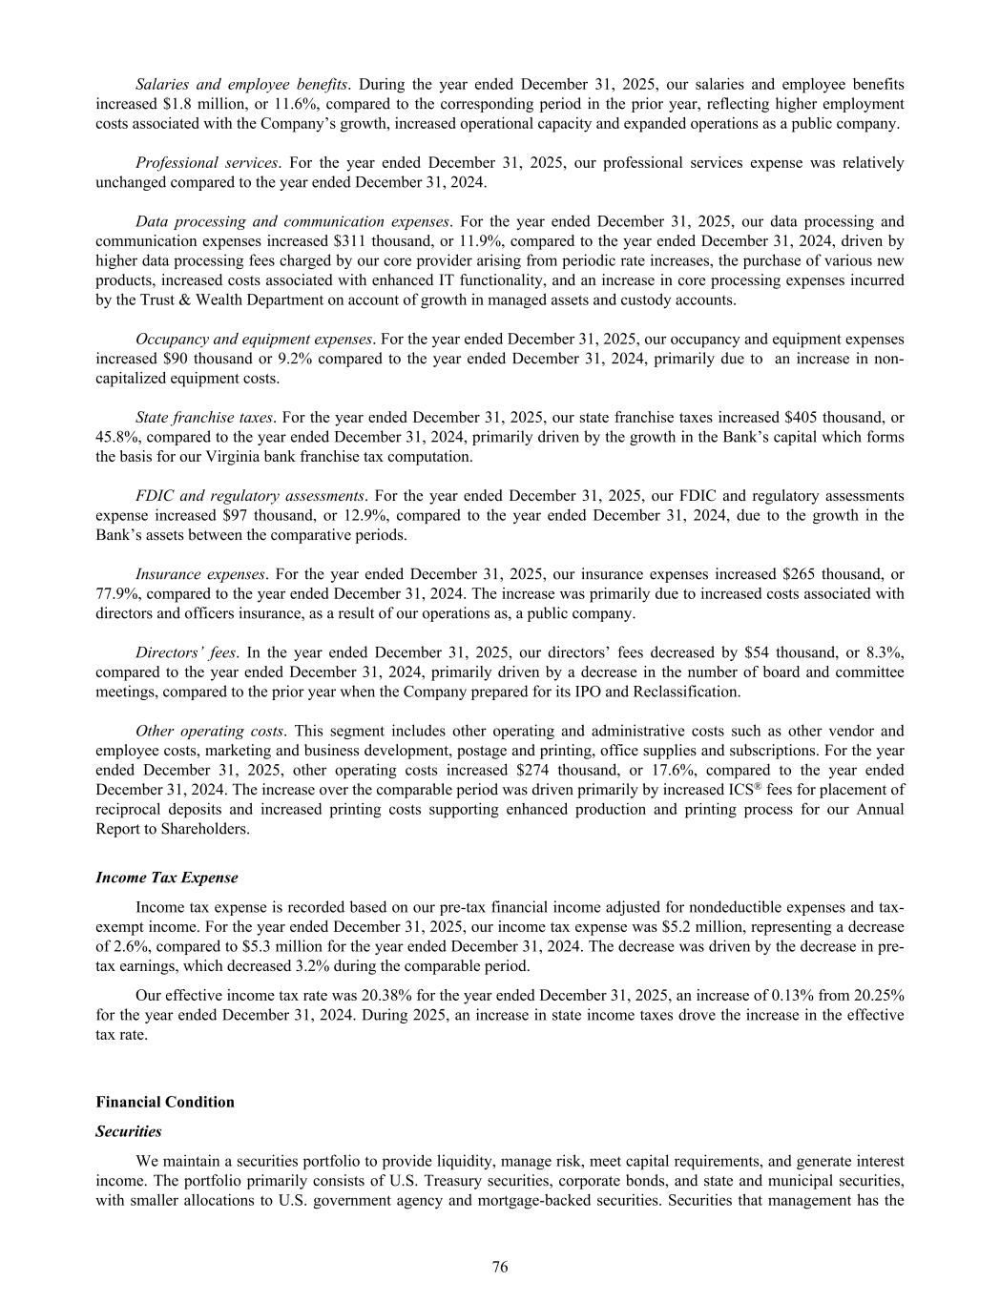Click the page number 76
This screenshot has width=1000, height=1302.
point(500,1267)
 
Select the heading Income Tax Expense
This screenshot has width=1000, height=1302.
point(167,877)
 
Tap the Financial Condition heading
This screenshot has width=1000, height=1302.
point(165,1102)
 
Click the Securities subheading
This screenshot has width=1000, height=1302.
point(129,1131)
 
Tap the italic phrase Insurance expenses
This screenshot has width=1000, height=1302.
point(200,574)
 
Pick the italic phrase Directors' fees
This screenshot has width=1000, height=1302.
point(186,652)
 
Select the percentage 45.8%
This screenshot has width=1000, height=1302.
point(117,437)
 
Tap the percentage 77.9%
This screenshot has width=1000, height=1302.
point(117,594)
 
